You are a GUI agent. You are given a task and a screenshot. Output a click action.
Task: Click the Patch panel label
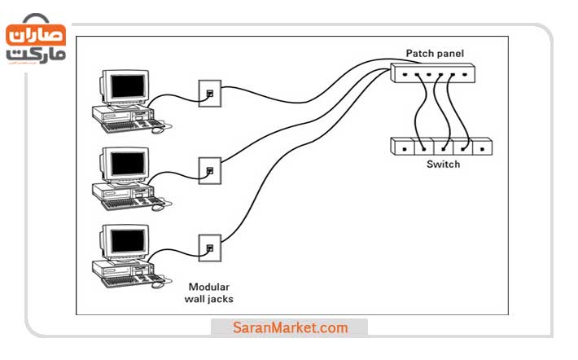pyautogui.click(x=435, y=55)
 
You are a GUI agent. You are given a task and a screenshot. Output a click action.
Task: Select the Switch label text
pyautogui.click(x=443, y=165)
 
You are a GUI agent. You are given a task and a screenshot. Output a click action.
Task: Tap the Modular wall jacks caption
pyautogui.click(x=210, y=292)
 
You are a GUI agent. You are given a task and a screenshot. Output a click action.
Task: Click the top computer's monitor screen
pyautogui.click(x=128, y=86)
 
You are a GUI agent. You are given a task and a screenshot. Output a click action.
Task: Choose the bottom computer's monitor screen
pyautogui.click(x=128, y=239)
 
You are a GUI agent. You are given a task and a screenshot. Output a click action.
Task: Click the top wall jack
pyautogui.click(x=210, y=93)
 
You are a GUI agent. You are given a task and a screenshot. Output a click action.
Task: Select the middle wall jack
pyautogui.click(x=210, y=169)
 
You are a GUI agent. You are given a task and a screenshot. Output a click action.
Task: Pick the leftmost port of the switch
pyautogui.click(x=404, y=147)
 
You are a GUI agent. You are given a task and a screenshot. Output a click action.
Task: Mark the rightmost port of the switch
pyautogui.click(x=484, y=147)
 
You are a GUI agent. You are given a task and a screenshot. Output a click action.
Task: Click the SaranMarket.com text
pyautogui.click(x=290, y=328)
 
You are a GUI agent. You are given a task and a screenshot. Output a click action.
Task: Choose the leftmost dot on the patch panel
pyautogui.click(x=403, y=76)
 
